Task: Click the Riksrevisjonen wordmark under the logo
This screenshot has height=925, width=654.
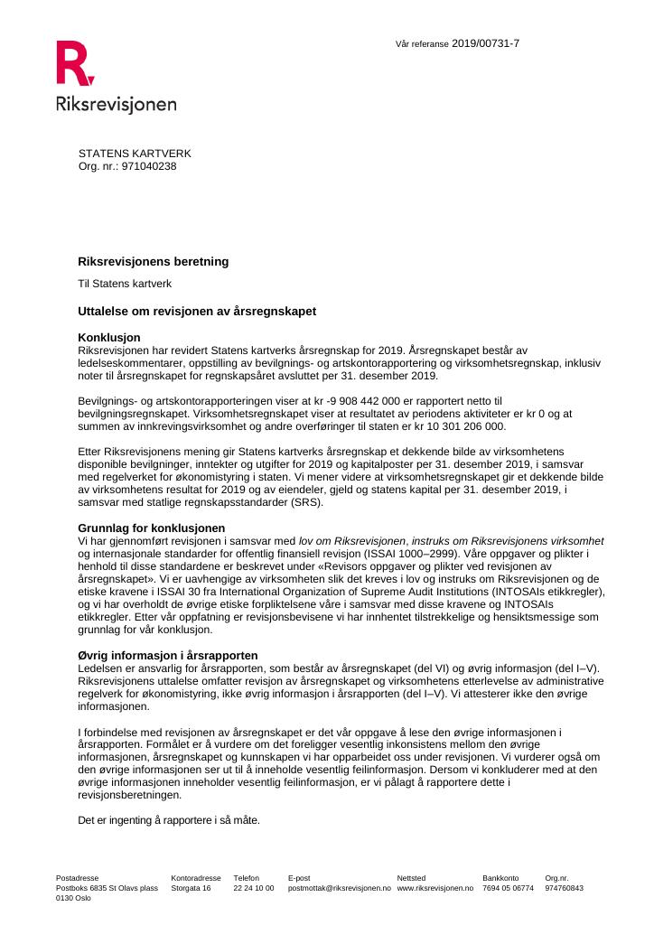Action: point(116,104)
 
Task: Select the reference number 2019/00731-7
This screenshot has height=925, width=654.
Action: point(485,43)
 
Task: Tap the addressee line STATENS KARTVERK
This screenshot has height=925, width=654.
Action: point(135,154)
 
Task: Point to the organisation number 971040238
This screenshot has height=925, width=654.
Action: point(149,166)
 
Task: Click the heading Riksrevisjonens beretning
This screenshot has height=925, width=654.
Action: point(154,262)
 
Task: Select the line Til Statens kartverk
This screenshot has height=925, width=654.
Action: point(125,284)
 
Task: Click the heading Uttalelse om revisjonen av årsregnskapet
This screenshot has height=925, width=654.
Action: point(197,311)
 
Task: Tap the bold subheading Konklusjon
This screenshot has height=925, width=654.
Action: point(109,337)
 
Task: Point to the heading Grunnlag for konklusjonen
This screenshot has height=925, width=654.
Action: point(152,528)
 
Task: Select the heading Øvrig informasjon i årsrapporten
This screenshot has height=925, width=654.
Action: point(168,655)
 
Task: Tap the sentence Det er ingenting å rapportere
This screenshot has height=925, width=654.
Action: point(169,820)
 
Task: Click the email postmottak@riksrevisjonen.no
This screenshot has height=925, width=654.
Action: point(339,888)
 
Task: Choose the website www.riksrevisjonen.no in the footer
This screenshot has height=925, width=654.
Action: point(434,888)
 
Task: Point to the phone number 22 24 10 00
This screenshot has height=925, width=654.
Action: point(253,888)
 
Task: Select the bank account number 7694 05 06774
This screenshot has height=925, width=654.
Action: point(508,888)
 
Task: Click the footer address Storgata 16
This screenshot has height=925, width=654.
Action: point(191,888)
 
